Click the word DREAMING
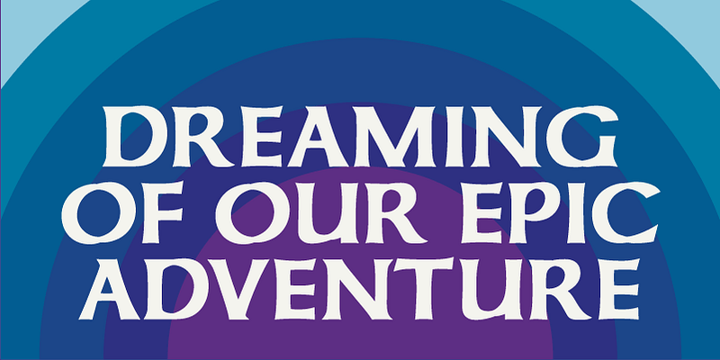[x=360, y=137]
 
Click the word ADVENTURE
[x=359, y=289]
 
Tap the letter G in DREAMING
[x=582, y=137]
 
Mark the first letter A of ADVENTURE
[x=109, y=289]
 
